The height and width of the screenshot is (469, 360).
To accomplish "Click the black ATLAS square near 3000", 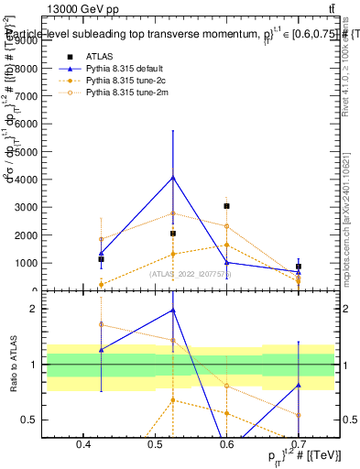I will [226, 206].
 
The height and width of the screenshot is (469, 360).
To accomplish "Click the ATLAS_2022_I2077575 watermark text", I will [191, 272].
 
